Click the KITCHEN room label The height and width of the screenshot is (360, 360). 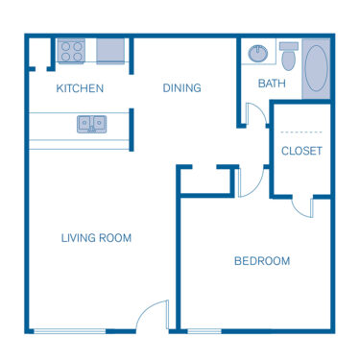[80, 88]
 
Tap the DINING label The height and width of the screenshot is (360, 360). [181, 88]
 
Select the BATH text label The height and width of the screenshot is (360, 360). [272, 84]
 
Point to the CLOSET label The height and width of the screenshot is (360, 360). [301, 151]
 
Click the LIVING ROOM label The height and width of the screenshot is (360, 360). [96, 237]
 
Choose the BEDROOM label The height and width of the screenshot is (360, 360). [262, 260]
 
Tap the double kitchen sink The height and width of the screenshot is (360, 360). [93, 123]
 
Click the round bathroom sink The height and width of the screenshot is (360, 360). [257, 52]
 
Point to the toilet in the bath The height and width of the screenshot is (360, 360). [289, 53]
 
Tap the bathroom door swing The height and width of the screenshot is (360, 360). [256, 115]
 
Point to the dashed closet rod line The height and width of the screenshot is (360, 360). [301, 131]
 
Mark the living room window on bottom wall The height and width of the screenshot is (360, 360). [69, 331]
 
